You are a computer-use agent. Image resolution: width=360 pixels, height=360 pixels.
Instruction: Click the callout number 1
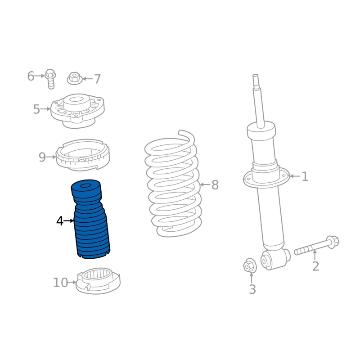click(305, 176)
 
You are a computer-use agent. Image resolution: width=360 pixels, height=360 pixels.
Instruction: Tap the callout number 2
click(315, 266)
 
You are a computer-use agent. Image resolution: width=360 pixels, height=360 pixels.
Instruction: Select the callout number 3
click(252, 289)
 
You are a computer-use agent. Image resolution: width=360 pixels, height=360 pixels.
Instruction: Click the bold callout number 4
click(60, 221)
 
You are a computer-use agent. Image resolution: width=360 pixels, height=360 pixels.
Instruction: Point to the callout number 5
click(36, 109)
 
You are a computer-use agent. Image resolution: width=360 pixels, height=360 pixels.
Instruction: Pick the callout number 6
click(31, 76)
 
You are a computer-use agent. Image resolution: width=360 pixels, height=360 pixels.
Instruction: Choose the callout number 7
click(97, 79)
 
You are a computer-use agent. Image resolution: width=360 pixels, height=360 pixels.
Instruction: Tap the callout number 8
click(215, 185)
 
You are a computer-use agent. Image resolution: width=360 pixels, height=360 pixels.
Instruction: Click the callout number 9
click(42, 157)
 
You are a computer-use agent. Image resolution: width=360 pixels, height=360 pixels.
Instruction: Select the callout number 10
click(61, 283)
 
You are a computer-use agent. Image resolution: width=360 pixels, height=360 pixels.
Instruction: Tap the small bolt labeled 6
click(50, 79)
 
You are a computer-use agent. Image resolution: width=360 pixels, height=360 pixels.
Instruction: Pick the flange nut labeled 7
click(75, 78)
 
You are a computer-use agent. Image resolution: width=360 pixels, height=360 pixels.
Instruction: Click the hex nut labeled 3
click(250, 265)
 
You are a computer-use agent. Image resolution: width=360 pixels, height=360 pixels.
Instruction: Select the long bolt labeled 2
click(317, 245)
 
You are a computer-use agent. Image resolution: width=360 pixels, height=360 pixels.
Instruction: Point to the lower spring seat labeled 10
click(98, 280)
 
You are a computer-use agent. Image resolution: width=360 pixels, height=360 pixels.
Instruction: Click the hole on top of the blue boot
click(85, 185)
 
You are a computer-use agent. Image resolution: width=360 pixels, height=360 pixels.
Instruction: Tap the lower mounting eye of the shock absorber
click(265, 261)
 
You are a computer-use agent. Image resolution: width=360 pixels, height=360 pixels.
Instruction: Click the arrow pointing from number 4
click(69, 221)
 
